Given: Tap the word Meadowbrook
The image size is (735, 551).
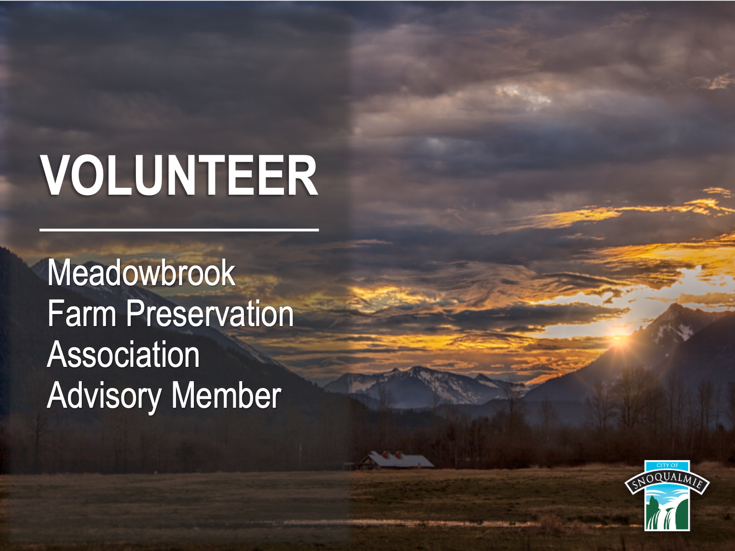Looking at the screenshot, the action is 141,272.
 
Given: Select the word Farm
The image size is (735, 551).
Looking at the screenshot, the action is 81,313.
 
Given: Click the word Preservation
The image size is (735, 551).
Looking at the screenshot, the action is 209,313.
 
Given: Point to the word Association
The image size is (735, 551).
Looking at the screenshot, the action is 123,354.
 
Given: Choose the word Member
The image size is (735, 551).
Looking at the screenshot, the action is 226,395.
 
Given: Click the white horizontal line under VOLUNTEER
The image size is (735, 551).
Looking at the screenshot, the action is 179,230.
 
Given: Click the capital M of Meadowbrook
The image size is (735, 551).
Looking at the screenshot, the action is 60,272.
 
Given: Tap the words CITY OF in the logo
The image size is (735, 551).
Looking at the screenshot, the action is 667,465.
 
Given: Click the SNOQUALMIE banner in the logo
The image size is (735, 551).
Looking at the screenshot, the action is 667,481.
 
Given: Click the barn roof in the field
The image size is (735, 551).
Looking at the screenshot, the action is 400,461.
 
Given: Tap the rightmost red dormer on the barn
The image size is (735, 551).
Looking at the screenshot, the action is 398,454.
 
